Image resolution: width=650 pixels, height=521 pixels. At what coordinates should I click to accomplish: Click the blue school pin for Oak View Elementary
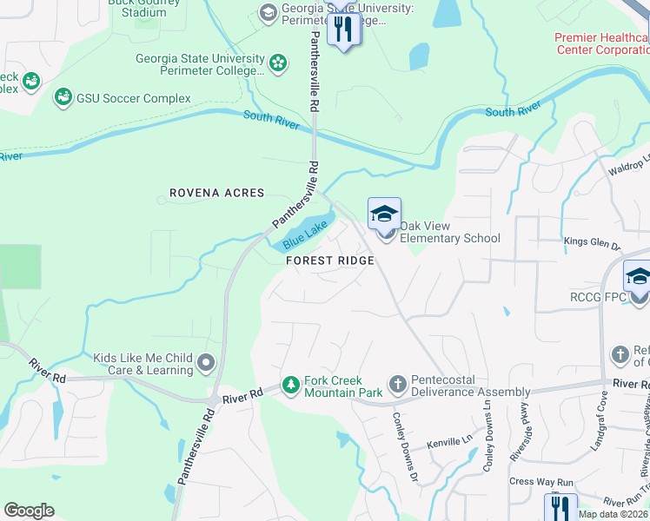pyautogui.click(x=384, y=214)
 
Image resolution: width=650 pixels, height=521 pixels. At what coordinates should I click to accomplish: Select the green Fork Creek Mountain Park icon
pyautogui.click(x=293, y=384)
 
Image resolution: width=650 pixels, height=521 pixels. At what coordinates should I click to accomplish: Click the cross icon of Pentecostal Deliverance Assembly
pyautogui.click(x=397, y=384)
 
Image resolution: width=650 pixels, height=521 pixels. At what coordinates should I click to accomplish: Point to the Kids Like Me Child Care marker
pyautogui.click(x=206, y=362)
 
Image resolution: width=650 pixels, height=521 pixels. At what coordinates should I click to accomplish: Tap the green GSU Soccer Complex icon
pyautogui.click(x=63, y=97)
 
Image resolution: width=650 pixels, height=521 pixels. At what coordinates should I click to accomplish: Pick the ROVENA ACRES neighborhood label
pyautogui.click(x=216, y=193)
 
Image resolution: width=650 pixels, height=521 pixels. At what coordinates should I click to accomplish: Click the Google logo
pyautogui.click(x=29, y=511)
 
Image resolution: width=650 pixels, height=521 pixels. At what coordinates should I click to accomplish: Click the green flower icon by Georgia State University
pyautogui.click(x=277, y=63)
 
